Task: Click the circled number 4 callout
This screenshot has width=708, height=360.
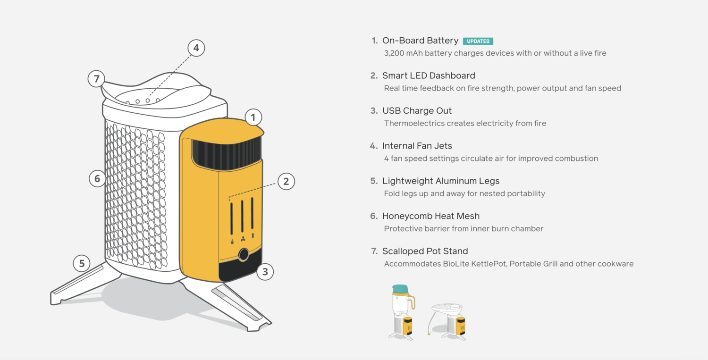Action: point(196,48)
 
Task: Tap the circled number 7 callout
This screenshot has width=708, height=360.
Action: point(96,78)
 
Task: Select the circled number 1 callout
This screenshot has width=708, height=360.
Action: point(253,117)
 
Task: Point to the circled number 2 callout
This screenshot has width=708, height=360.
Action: point(286,181)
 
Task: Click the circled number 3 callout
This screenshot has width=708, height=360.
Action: point(265,272)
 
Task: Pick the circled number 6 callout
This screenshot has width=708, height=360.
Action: point(97,178)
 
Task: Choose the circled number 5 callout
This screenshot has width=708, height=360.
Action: point(82,263)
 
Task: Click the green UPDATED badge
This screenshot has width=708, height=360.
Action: point(478,41)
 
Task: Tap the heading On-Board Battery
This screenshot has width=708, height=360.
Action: point(420,41)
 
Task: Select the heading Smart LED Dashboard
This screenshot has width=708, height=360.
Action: point(429,75)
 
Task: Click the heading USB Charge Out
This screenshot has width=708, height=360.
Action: point(417,111)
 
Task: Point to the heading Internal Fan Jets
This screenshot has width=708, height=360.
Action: point(417,146)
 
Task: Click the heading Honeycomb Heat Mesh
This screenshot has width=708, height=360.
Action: point(430,216)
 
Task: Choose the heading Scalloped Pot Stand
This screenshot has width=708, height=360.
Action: point(425,251)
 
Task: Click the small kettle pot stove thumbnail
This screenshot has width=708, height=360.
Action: point(402,312)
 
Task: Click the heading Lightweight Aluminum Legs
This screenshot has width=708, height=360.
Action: point(440,181)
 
